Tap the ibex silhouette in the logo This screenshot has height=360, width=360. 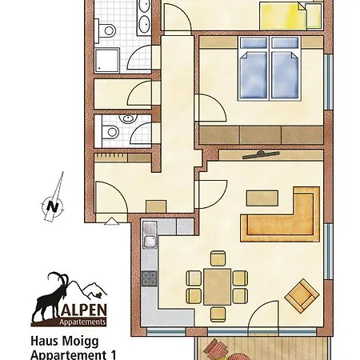point(50,298)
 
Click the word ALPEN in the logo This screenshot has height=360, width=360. point(85,310)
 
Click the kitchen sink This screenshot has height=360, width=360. point(150,234)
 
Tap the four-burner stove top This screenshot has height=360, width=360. point(150,278)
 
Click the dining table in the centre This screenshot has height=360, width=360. point(218,287)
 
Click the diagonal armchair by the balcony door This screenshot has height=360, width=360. point(302,296)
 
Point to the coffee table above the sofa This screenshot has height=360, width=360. point(262,198)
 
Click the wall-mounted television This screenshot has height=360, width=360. point(261,154)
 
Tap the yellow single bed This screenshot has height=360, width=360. point(283,17)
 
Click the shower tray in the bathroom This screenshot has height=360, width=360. point(106,61)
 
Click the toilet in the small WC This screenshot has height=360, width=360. point(110,132)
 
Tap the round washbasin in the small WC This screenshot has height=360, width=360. point(128,118)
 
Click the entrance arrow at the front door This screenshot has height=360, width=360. point(111,222)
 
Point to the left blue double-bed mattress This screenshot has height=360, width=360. point(254,75)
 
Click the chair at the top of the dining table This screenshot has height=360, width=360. point(218,258)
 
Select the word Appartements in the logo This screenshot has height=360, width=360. point(82,322)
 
